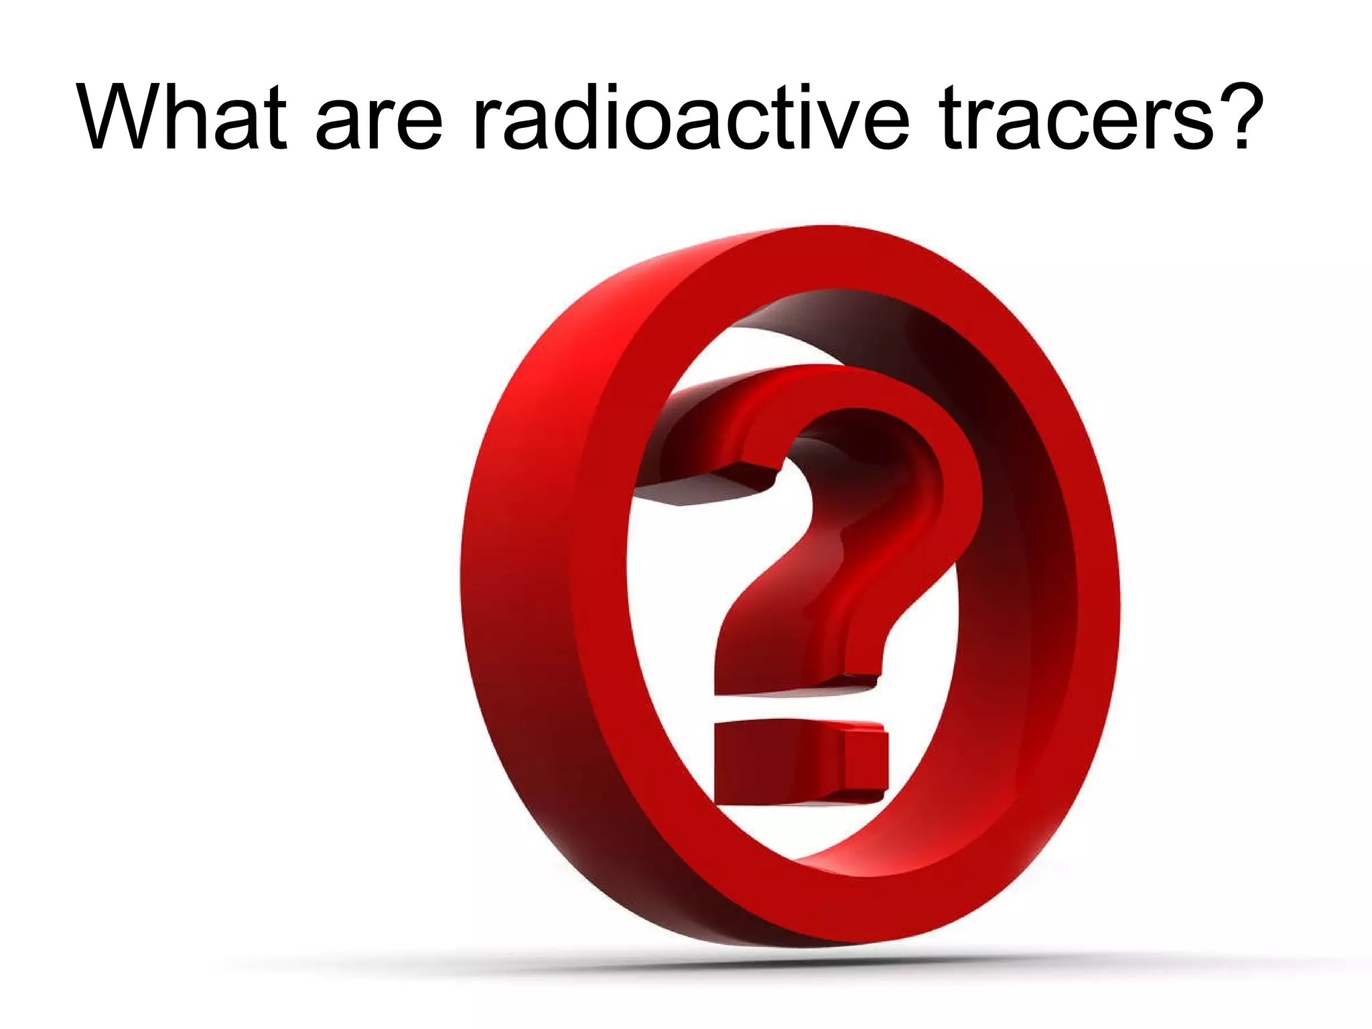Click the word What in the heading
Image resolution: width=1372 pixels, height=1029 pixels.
(x=182, y=117)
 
